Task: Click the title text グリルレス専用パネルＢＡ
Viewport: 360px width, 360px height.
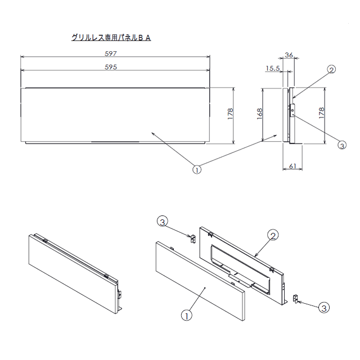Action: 111,38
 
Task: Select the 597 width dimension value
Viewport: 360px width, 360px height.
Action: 111,53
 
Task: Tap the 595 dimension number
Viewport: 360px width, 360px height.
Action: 111,67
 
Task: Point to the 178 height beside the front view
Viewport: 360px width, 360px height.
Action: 230,114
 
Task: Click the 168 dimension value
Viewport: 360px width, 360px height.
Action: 259,114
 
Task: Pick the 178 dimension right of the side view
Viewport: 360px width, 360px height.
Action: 321,113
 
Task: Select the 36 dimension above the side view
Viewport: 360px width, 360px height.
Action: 289,55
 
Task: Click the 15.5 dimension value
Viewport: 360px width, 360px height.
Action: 273,69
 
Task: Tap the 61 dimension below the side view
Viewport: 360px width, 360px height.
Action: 292,166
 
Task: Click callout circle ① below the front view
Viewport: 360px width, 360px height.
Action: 197,170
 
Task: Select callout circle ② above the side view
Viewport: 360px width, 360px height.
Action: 331,69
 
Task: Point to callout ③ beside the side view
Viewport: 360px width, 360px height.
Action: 342,145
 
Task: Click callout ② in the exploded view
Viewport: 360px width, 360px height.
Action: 273,236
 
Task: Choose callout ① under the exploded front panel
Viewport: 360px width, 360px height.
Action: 187,316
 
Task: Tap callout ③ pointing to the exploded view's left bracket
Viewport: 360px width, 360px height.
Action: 163,222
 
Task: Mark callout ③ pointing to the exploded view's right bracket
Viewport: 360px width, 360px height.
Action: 324,308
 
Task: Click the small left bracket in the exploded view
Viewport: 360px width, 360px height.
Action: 193,238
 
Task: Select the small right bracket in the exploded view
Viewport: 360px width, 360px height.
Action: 295,299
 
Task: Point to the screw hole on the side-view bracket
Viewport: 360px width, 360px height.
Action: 292,111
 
